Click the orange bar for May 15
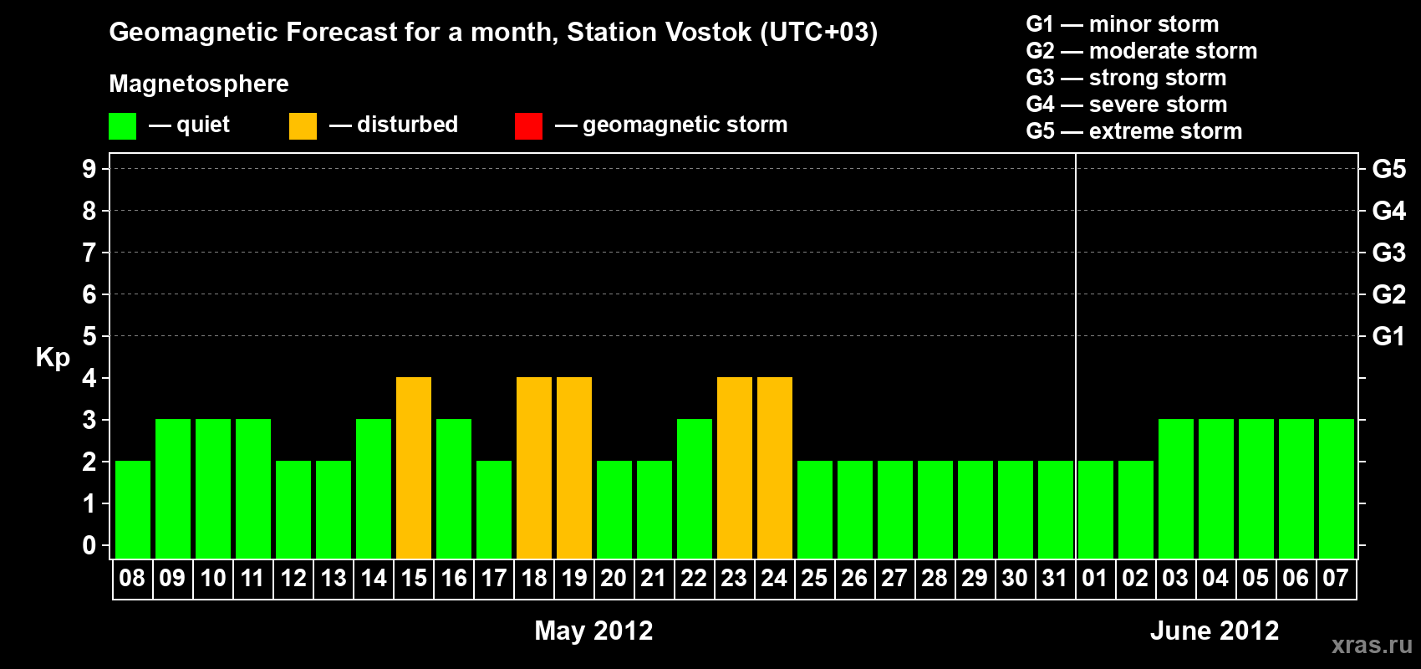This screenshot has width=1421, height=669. (414, 467)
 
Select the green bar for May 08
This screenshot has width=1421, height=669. (133, 509)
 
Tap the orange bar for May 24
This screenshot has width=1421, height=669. (775, 467)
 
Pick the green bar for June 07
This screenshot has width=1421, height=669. (1336, 488)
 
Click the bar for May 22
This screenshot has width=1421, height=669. (695, 488)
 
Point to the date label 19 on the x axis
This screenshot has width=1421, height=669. (574, 578)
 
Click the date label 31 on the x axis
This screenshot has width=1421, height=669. (1055, 578)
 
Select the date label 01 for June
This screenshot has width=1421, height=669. (1095, 578)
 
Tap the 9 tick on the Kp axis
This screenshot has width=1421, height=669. (89, 169)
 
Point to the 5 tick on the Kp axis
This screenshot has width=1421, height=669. (89, 336)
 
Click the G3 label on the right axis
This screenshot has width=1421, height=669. (1388, 253)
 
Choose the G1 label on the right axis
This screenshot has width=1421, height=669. (1388, 336)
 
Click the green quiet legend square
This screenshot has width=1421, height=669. (122, 125)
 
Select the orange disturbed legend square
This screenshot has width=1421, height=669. (303, 125)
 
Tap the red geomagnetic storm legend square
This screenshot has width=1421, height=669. (529, 125)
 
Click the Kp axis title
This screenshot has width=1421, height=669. (53, 357)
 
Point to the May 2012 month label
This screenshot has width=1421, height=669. (593, 631)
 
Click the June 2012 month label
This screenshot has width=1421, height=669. (1215, 631)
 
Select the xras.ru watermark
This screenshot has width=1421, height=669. (1373, 646)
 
